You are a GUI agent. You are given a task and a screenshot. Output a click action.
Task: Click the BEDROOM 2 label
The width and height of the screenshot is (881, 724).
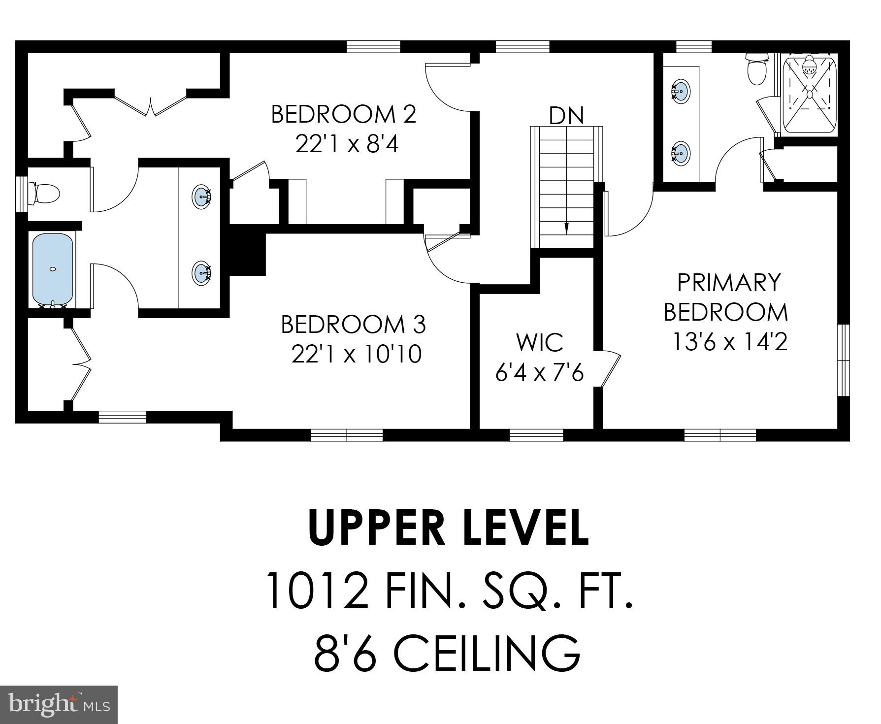(344, 114)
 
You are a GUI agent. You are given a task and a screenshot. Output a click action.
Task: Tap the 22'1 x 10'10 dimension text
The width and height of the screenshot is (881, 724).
(357, 354)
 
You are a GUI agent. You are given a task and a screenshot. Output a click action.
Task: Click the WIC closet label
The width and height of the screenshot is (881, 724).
(540, 342)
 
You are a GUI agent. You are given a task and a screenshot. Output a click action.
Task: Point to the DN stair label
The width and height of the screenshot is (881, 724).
(566, 116)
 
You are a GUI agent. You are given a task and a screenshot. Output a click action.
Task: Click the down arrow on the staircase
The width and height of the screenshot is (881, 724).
(566, 228)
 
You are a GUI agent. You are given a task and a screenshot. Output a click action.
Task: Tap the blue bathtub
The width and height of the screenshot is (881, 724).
(53, 269)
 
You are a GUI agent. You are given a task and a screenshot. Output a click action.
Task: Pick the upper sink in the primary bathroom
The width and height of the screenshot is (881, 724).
(680, 91)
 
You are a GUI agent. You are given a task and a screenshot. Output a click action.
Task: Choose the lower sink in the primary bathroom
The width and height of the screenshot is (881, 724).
(680, 153)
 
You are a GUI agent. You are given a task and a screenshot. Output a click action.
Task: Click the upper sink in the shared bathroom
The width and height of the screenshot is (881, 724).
(202, 196)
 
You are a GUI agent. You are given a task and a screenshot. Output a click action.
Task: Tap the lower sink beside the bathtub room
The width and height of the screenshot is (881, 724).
(202, 273)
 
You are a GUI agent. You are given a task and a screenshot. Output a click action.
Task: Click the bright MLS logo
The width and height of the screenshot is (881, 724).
(59, 705)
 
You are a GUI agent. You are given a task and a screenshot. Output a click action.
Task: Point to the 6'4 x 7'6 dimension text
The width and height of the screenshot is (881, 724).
(539, 372)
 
